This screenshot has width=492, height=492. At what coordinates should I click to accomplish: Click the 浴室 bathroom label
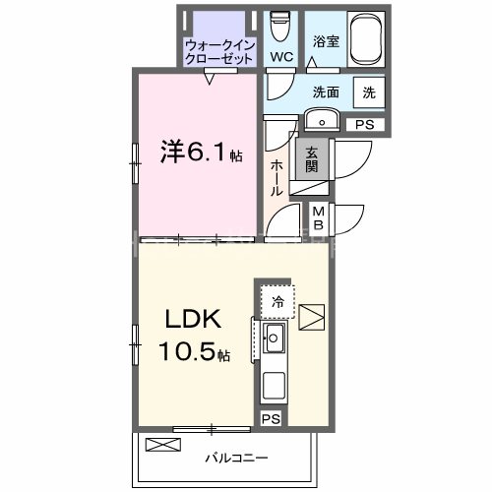pos(327,43)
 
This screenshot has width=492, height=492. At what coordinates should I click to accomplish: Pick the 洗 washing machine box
pos(369,92)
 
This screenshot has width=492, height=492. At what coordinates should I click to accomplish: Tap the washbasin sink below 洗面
pos(323,120)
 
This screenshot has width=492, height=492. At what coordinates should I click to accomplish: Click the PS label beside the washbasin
pos(365,125)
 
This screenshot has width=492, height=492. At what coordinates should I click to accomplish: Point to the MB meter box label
pos(320,217)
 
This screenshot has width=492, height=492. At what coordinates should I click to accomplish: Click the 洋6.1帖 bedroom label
pos(202,155)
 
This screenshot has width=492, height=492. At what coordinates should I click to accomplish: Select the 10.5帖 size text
pos(197,353)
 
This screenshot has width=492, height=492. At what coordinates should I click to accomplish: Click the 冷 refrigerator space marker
pos(278,301)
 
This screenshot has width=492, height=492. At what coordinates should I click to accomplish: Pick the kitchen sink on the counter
pos(274,341)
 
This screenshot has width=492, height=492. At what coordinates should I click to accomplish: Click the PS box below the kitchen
pos(271,418)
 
